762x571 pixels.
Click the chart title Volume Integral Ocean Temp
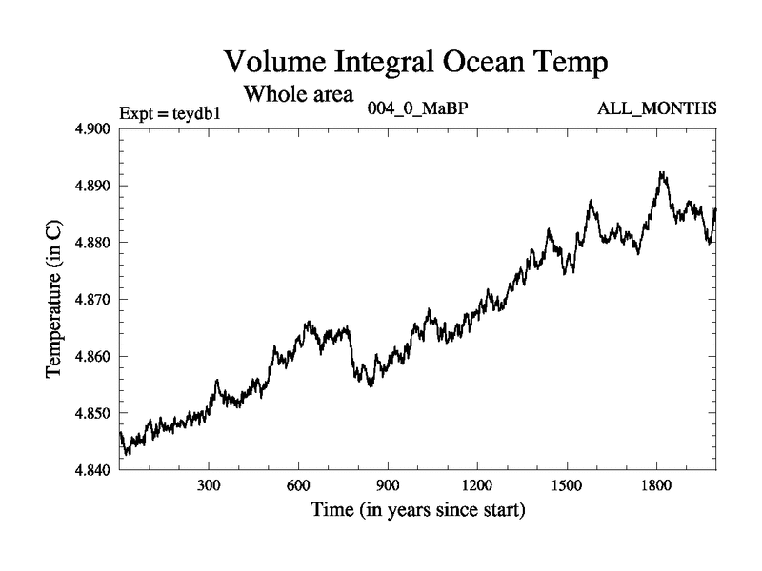point(414,64)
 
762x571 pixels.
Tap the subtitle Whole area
point(299,94)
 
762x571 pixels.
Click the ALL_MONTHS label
point(656,108)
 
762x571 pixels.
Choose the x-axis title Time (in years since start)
point(417,509)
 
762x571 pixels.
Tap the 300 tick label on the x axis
point(209,484)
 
